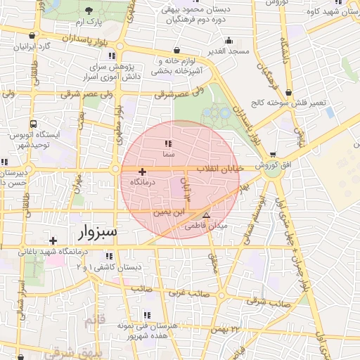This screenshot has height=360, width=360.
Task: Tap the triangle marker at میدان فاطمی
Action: point(206,216)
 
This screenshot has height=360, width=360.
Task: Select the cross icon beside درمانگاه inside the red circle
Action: point(142,172)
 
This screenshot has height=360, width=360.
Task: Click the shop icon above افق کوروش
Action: point(273,155)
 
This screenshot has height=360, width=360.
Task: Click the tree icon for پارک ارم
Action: point(88,11)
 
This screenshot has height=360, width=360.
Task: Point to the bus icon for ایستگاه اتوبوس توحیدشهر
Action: point(12,133)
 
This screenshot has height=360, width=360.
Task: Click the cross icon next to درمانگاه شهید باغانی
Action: point(53,241)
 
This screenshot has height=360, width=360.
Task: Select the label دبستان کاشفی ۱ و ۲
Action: point(108,268)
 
